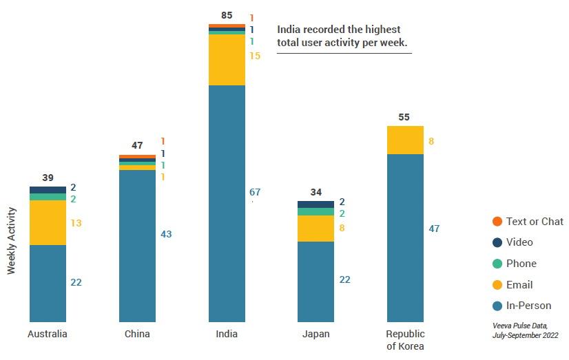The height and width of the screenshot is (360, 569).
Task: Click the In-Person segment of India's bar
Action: coord(227,203)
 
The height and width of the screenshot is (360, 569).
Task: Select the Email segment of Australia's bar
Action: coord(48,222)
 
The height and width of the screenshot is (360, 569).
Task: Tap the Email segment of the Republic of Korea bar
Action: coord(405,140)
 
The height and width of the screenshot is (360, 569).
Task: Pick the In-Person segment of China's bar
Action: coord(137,246)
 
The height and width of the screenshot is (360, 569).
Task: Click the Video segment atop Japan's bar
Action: coord(315,204)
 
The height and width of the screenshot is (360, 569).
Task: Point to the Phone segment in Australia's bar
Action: coord(48,197)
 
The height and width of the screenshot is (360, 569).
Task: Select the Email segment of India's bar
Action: coord(227,60)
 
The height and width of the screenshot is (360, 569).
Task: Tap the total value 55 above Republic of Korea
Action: coord(405,117)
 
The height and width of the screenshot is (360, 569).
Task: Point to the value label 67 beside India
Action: coord(255,192)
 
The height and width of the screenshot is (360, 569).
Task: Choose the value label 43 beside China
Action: coord(166,234)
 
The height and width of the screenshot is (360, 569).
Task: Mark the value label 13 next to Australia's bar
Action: coord(76,223)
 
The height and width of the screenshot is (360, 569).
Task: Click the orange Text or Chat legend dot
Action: coord(497,221)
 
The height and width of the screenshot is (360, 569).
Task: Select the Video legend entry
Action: coord(519,242)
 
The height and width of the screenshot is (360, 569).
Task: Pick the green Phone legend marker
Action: coord(497,264)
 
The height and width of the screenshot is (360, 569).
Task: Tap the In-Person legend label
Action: coord(528,306)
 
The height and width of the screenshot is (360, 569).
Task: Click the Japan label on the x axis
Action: coord(315,334)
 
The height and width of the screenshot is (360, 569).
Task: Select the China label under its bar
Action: coord(137,334)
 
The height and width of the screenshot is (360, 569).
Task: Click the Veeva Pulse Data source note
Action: coord(525,329)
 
